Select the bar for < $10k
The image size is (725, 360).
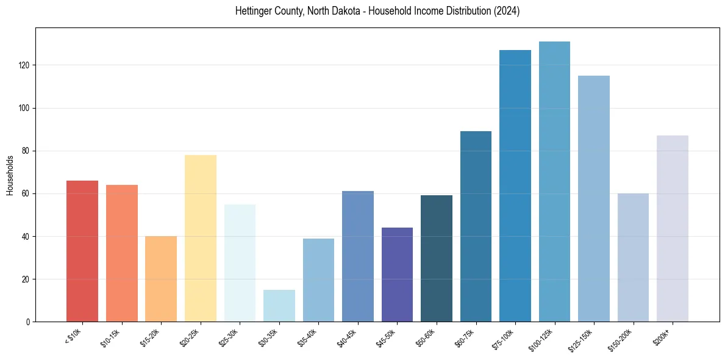(82, 251)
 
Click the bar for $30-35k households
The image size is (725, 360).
(279, 306)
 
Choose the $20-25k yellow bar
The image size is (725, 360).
(201, 238)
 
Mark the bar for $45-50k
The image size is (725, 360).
(397, 275)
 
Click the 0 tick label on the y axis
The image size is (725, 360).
(28, 322)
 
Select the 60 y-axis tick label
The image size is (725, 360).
(26, 193)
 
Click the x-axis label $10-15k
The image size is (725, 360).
(110, 337)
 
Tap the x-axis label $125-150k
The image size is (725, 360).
(582, 340)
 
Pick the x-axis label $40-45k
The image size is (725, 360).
(346, 337)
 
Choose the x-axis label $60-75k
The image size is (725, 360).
(465, 337)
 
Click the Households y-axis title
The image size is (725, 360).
(10, 175)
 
